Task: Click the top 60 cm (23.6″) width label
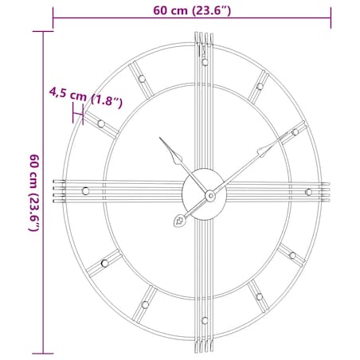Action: pyautogui.click(x=192, y=10)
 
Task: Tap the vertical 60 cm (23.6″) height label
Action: pyautogui.click(x=33, y=192)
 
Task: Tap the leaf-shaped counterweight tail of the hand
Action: pyautogui.click(x=181, y=222)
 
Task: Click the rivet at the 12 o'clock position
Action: pyautogui.click(x=205, y=61)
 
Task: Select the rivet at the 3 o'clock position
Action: pyautogui.click(x=308, y=192)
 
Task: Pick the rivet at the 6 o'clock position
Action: pyautogui.click(x=205, y=321)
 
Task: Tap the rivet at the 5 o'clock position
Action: pyautogui.click(x=260, y=298)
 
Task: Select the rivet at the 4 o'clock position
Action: pyautogui.click(x=292, y=256)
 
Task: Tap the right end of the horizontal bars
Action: pyautogui.click(x=326, y=192)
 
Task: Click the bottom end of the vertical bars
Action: pyautogui.click(x=205, y=348)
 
